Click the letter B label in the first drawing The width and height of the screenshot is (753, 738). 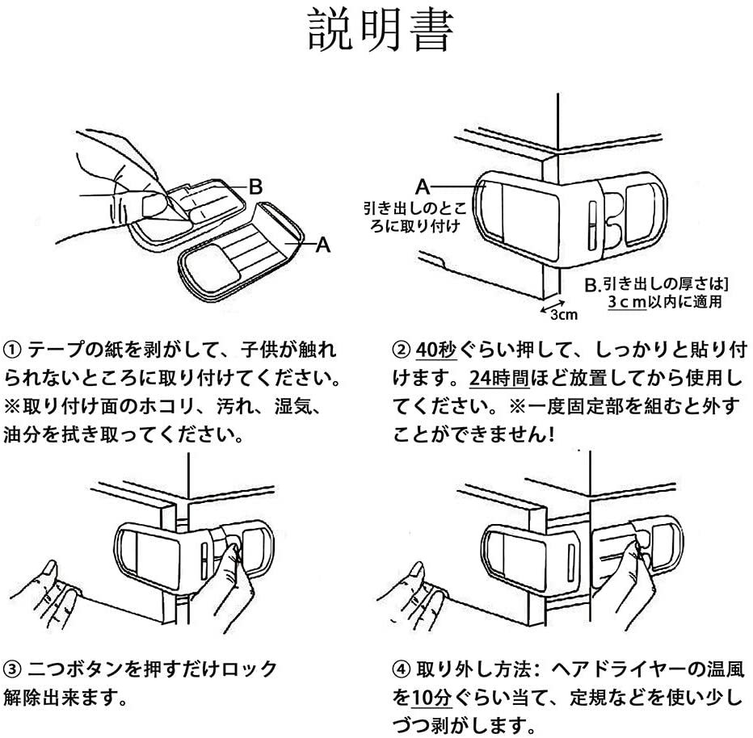pos(255,187)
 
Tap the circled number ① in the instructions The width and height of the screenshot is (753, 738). pos(13,351)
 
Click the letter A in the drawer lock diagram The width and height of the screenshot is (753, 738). pos(422,183)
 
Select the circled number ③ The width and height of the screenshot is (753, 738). pos(13,669)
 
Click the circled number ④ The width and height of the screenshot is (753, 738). pos(401,669)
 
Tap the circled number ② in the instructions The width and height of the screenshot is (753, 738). pos(401,351)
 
